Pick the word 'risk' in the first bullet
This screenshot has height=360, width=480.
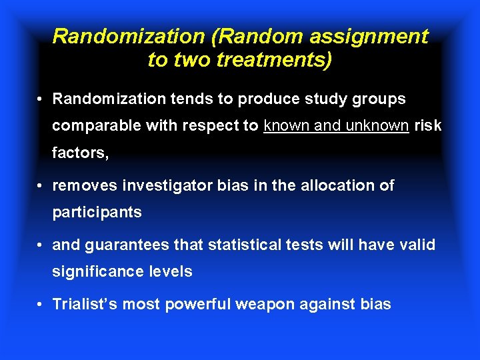pyautogui.click(x=428, y=126)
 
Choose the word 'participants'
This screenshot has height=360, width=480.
pyautogui.click(x=97, y=212)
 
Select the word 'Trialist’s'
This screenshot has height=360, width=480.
pyautogui.click(x=83, y=305)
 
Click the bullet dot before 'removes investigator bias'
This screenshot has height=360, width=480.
pyautogui.click(x=41, y=186)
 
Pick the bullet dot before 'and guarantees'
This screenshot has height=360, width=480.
pyautogui.click(x=41, y=245)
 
